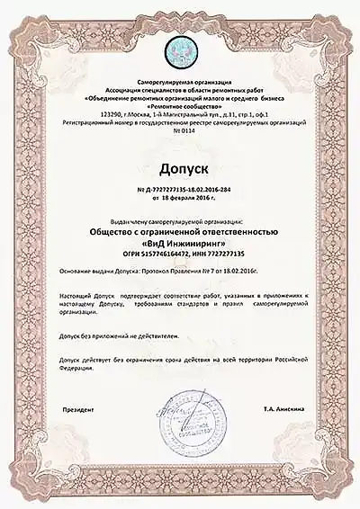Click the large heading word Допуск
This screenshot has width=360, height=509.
pyautogui.click(x=180, y=168)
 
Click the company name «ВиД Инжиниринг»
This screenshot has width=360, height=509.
pyautogui.click(x=180, y=243)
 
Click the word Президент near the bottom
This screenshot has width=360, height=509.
pyautogui.click(x=77, y=408)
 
